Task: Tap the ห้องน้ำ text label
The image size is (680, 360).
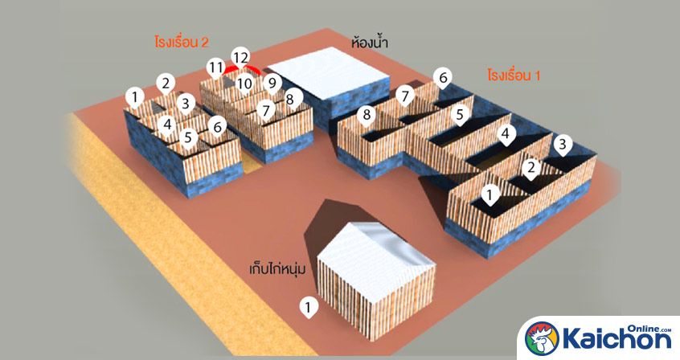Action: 370,42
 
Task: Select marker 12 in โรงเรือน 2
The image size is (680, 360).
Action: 240,58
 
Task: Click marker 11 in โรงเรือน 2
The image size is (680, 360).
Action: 215,67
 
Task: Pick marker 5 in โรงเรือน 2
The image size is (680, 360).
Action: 189,137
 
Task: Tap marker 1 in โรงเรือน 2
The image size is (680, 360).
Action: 136,99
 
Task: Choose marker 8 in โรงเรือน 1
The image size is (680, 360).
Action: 367,115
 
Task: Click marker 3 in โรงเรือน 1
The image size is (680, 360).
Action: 563,145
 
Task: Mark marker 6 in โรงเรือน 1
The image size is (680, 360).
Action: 441,78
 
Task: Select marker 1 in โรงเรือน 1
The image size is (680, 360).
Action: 490,194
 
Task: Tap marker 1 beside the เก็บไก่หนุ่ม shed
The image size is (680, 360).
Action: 307,306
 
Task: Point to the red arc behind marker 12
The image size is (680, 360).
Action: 241,69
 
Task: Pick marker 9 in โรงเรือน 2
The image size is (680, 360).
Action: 272,82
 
